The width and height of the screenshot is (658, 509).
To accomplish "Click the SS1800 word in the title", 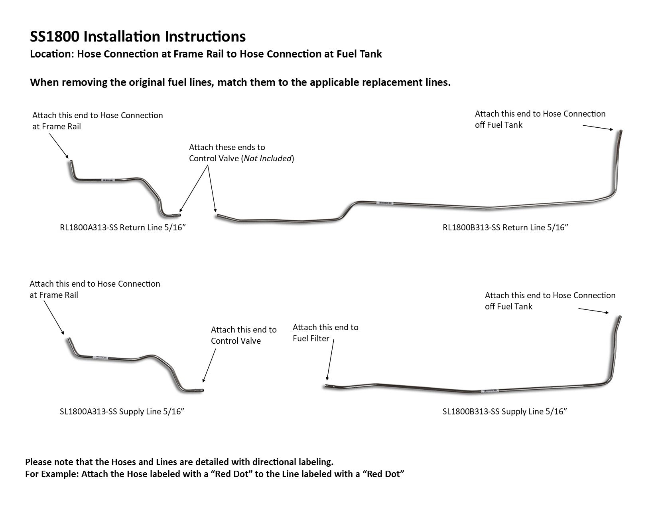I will pyautogui.click(x=55, y=37).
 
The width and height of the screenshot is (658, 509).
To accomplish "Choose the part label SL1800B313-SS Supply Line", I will pyautogui.click(x=504, y=412).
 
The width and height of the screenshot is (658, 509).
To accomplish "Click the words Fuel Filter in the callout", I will pyautogui.click(x=311, y=339).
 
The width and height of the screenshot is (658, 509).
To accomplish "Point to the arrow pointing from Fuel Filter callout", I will pyautogui.click(x=330, y=359).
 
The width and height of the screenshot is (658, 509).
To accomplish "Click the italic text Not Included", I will pyautogui.click(x=268, y=158).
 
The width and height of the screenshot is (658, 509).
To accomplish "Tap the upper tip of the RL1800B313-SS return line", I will pyautogui.click(x=621, y=131).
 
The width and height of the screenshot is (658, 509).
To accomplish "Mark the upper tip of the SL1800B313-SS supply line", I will pyautogui.click(x=620, y=317).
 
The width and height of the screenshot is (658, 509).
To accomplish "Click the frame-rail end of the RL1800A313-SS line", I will pyautogui.click(x=70, y=162).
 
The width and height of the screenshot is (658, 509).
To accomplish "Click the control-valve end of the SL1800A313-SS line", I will pyautogui.click(x=202, y=390).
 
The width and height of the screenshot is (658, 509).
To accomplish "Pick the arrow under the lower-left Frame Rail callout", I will pyautogui.click(x=53, y=317).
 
